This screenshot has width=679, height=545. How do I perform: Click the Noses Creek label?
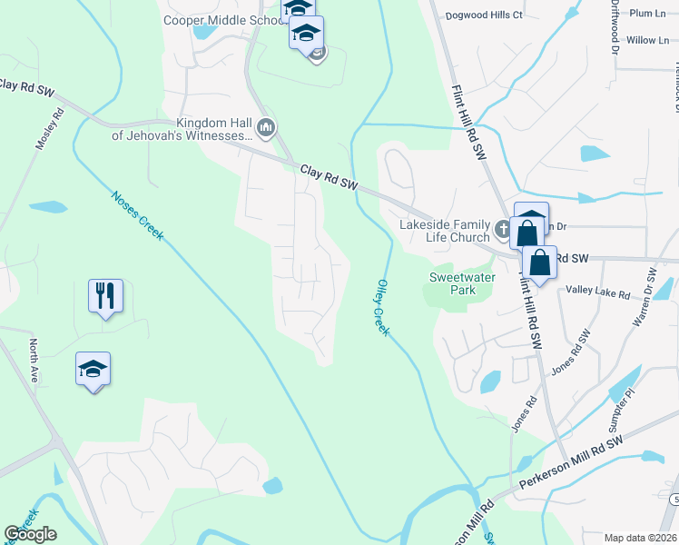[x=137, y=215]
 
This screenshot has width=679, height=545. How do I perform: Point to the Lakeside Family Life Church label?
[x=446, y=231]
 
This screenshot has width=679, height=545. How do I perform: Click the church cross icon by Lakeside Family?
[x=504, y=226]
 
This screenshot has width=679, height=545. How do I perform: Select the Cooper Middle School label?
[x=221, y=20]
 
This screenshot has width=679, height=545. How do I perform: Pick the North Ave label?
[x=34, y=360]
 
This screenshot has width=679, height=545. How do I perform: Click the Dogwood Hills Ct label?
[x=484, y=15]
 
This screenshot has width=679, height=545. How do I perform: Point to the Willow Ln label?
[x=646, y=41]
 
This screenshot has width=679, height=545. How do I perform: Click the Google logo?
[x=31, y=533]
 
